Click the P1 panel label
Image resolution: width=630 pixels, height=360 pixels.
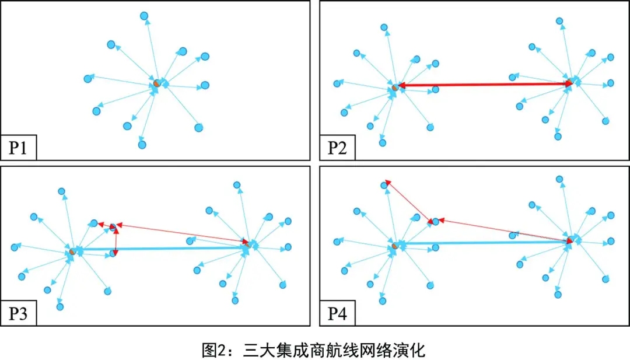tap(19, 148)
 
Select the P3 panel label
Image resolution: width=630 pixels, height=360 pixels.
tap(19, 314)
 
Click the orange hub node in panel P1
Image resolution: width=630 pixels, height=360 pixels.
tap(156, 83)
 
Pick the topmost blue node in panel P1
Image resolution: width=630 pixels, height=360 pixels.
tap(144, 16)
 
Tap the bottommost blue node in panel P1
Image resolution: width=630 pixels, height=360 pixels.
tap(142, 144)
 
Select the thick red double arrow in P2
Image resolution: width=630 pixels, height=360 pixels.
tap(484, 85)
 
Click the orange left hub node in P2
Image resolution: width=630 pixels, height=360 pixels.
tap(395, 87)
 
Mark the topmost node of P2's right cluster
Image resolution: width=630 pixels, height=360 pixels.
tap(559, 21)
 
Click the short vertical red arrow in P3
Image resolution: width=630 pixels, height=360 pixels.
tap(116, 240)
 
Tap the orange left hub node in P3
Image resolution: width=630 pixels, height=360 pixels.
tap(72, 251)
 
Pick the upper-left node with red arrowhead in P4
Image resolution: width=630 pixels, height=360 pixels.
tap(384, 185)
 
